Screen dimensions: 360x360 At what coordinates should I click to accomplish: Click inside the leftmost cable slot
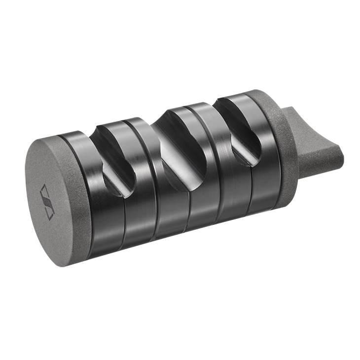[116, 158]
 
